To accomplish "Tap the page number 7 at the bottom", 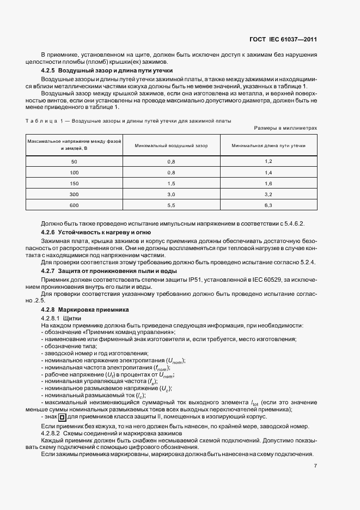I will pyautogui.click(x=315, y=466).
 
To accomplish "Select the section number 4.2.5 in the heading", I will pyautogui.click(x=50, y=71).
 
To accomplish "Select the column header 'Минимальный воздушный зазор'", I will pyautogui.click(x=171, y=146).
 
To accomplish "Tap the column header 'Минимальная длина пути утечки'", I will pyautogui.click(x=268, y=146).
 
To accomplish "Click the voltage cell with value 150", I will pyautogui.click(x=75, y=183).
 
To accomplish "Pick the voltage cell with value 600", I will pyautogui.click(x=75, y=205).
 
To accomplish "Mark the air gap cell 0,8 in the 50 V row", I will pyautogui.click(x=171, y=162).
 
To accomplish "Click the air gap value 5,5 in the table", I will pyautogui.click(x=171, y=205).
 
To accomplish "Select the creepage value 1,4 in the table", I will pyautogui.click(x=268, y=172).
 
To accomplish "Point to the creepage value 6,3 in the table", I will pyautogui.click(x=268, y=205).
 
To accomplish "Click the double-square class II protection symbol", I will pyautogui.click(x=62, y=417).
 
